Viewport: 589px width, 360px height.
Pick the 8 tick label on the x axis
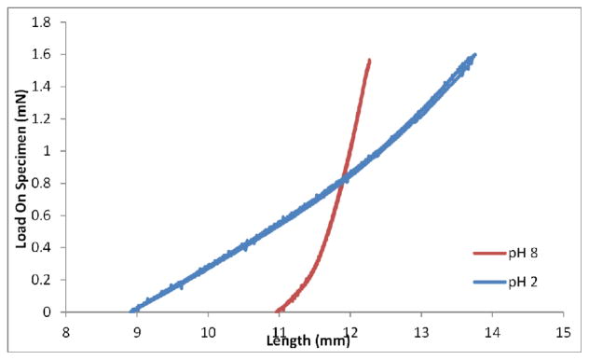[66, 329]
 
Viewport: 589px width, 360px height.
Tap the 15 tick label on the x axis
[563, 329]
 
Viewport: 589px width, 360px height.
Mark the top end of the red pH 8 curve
[370, 61]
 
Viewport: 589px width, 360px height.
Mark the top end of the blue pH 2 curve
[474, 55]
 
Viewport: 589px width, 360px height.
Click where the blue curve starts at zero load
[131, 312]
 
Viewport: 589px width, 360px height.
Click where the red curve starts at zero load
[278, 312]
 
